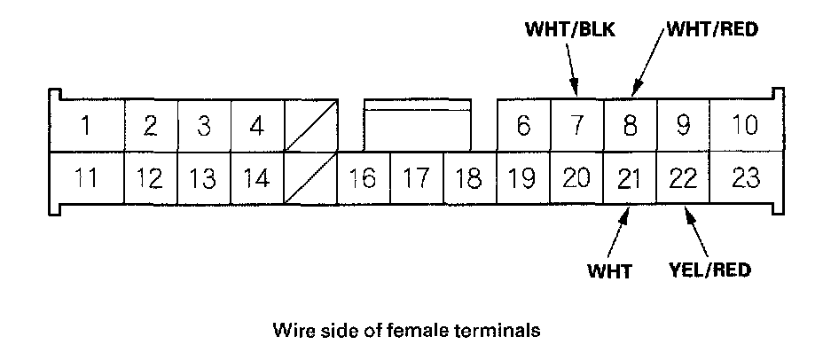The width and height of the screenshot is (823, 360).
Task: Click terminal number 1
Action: click(x=84, y=126)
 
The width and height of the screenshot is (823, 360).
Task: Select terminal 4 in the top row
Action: click(x=256, y=126)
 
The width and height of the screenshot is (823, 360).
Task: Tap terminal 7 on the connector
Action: click(x=576, y=126)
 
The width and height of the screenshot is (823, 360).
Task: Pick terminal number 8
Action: click(x=630, y=126)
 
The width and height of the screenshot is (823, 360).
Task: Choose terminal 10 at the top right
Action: click(x=746, y=126)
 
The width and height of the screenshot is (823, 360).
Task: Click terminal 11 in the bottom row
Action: click(x=84, y=178)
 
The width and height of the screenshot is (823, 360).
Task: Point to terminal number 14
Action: click(x=256, y=178)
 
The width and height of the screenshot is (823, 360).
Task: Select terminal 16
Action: click(x=363, y=178)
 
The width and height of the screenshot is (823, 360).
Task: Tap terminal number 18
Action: click(x=468, y=178)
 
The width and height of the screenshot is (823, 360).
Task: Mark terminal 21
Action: click(x=629, y=178)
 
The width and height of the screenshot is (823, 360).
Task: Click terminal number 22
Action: click(x=682, y=178)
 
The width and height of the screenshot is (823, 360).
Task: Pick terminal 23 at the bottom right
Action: click(x=746, y=178)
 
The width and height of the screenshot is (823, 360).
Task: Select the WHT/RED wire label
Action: click(x=712, y=29)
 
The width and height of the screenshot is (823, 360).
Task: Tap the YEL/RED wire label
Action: click(x=709, y=270)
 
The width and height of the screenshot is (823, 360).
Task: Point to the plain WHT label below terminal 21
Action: click(x=608, y=270)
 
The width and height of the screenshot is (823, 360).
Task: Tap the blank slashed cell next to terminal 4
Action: click(x=310, y=126)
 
